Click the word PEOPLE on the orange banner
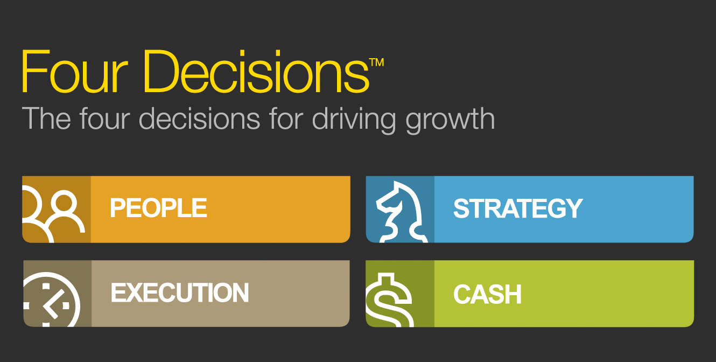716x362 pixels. point(158,208)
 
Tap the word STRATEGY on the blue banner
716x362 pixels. point(518,208)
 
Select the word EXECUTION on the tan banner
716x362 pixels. point(180,293)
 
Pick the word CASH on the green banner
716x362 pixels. point(487,294)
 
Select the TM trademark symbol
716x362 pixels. point(376,62)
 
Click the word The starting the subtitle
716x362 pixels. point(46,119)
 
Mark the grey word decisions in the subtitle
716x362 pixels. point(199,119)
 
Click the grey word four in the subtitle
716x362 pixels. point(105,119)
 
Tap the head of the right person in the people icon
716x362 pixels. point(64,201)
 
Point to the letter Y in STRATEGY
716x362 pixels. point(573,208)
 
